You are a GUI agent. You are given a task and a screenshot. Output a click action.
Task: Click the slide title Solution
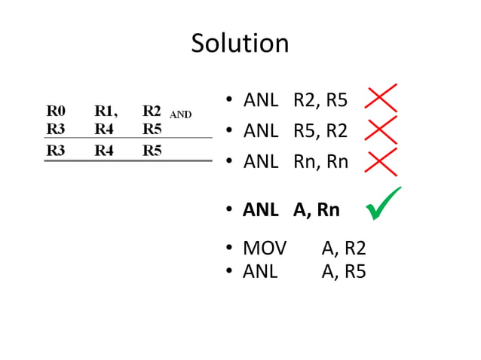point(240,43)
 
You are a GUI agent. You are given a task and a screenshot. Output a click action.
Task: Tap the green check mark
point(383,204)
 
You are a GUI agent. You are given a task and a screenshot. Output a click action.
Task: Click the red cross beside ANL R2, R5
point(381,99)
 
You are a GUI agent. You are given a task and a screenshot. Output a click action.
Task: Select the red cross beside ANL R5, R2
point(381,130)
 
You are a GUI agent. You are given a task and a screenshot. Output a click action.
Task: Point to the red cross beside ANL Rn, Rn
point(381,160)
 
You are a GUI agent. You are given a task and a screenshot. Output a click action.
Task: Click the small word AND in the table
point(180,115)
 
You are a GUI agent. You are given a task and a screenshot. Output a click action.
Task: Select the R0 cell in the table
point(56,111)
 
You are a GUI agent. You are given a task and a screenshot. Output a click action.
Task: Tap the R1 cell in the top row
point(105,111)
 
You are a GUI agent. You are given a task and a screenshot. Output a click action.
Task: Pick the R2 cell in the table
point(152,111)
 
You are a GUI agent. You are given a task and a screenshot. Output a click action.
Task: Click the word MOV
point(265,249)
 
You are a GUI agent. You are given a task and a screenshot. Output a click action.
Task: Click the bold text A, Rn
point(317,210)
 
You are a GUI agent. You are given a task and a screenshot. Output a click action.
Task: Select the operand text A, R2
point(344,249)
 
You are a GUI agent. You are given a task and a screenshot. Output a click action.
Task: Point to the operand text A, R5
point(344,271)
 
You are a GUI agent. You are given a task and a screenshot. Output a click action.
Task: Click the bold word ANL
point(260,210)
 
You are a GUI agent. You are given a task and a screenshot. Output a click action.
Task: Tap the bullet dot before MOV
point(231,250)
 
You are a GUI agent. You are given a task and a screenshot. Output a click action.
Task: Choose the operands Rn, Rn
point(321,161)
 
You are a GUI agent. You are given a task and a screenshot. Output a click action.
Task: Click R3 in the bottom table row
point(56,150)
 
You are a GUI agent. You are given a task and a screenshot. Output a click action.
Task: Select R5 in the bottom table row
point(152,150)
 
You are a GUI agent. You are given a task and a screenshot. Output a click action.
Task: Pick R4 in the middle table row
point(104,128)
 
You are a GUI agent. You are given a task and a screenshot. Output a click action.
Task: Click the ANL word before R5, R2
point(261,131)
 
